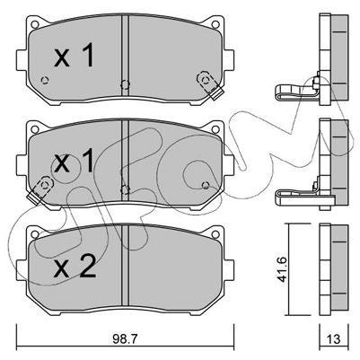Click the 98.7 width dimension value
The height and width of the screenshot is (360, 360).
tap(125, 338)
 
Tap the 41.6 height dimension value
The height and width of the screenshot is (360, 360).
tap(282, 269)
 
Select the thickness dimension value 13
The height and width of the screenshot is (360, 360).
tap(334, 339)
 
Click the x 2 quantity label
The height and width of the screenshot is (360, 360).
tap(75, 268)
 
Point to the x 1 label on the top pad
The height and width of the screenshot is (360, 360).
tap(74, 55)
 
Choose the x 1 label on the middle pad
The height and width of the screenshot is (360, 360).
tap(74, 162)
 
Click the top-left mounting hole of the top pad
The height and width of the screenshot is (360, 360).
tap(35, 24)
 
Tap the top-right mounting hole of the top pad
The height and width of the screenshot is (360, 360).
tap(215, 24)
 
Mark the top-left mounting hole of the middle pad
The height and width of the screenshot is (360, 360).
tap(35, 129)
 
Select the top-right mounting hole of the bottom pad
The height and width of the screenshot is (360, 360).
tap(215, 233)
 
